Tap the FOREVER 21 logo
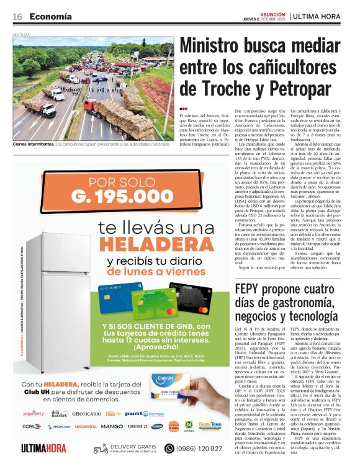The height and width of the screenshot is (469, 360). (138, 426)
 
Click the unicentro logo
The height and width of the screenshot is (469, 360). (86, 426)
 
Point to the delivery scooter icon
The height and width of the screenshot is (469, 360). (101, 448)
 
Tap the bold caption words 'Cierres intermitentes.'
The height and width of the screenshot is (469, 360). (32, 144)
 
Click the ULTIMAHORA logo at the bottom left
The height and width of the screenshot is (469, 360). (43, 448)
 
